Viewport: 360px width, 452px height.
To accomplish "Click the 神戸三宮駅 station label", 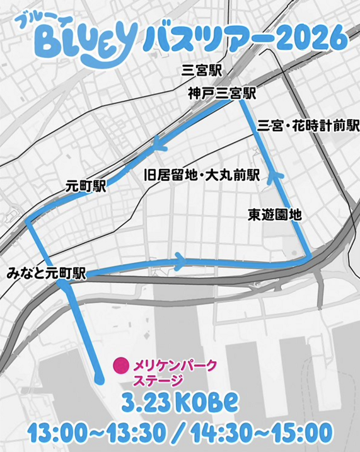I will pos(221,93).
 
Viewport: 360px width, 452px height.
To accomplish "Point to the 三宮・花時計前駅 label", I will pos(308,127).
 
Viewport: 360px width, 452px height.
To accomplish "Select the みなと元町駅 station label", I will pos(47,273).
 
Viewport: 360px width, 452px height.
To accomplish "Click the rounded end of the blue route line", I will pos(99,378).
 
